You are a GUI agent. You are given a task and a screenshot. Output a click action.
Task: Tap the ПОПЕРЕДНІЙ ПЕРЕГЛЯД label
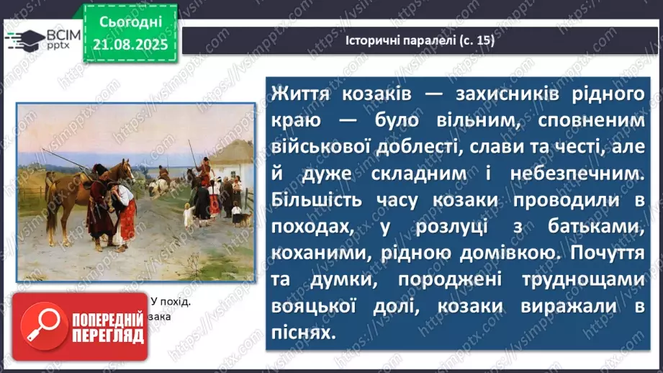pos(107,329)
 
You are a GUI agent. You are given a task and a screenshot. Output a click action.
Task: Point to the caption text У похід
pos(171,302)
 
